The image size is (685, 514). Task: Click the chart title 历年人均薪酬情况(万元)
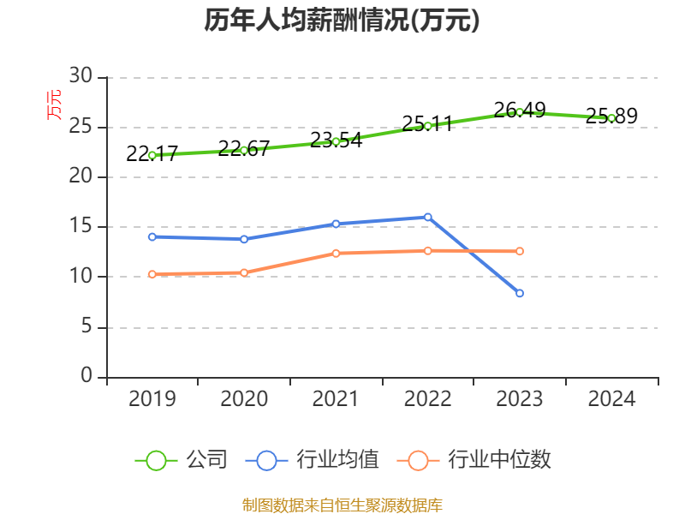[x=342, y=21]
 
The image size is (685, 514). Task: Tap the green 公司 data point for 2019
[x=152, y=155]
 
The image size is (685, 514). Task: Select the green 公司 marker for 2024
[x=611, y=118]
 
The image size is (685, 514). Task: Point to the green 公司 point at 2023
[x=520, y=112]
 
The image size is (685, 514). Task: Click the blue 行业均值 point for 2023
[x=520, y=294]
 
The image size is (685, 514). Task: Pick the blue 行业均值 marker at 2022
[x=427, y=217]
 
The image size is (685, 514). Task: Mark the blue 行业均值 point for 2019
[x=152, y=236]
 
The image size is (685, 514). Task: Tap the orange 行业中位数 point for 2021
[x=336, y=253]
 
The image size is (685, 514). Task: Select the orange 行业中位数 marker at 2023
[x=520, y=251]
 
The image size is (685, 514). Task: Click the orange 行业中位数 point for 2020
[x=244, y=272]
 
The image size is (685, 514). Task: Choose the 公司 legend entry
[x=182, y=460]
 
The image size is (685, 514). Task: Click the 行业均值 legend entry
[x=313, y=460]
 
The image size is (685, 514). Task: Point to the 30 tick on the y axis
[x=80, y=76]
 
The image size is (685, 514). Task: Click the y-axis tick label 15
[x=80, y=227]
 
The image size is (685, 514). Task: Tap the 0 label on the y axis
[x=86, y=376]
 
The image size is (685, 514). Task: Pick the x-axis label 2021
[x=336, y=399]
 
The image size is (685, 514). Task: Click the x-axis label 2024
[x=611, y=399]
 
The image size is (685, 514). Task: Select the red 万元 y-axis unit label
[x=54, y=105]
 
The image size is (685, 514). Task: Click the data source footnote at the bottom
[x=342, y=505]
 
